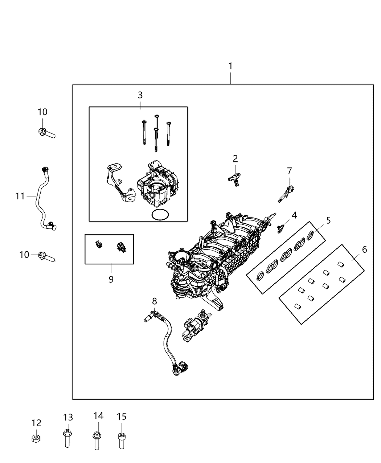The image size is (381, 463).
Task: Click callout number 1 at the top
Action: (230, 66)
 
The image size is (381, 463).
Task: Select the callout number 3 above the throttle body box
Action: (140, 95)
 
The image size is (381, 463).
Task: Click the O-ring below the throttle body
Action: (160, 215)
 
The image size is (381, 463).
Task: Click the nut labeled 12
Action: (36, 438)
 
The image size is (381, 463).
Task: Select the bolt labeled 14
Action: (97, 440)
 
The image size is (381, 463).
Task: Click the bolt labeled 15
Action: (122, 440)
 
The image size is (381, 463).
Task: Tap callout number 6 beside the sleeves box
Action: (364, 249)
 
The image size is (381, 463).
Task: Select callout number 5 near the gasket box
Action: (328, 220)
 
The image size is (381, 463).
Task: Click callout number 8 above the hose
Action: (155, 301)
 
